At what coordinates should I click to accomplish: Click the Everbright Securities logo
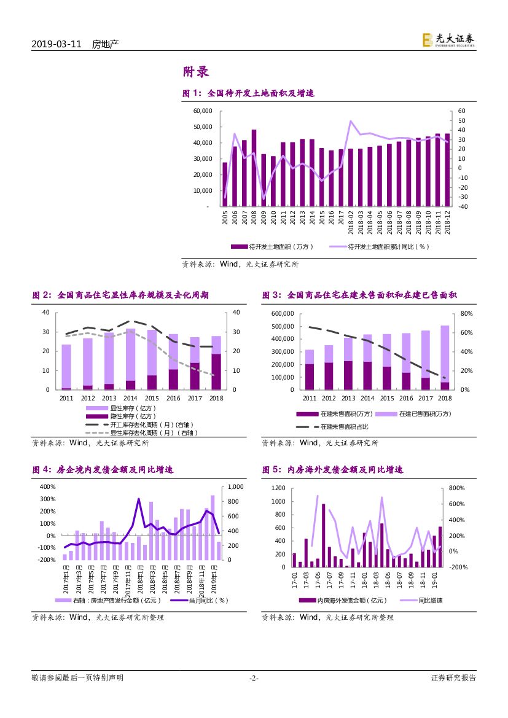tap(448, 40)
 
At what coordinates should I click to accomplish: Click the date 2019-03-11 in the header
tap(56, 44)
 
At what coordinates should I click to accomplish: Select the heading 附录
tap(196, 72)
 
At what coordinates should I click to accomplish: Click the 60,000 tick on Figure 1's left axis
tap(202, 111)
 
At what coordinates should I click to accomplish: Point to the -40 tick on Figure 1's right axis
tap(462, 207)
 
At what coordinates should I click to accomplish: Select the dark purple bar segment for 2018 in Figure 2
tap(216, 372)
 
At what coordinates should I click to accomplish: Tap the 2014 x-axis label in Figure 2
tap(131, 398)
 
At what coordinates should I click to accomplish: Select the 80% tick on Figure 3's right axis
tap(466, 314)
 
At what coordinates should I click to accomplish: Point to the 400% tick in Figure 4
tap(47, 487)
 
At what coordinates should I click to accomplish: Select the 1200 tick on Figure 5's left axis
tap(279, 488)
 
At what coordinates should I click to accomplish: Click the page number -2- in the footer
tap(254, 678)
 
